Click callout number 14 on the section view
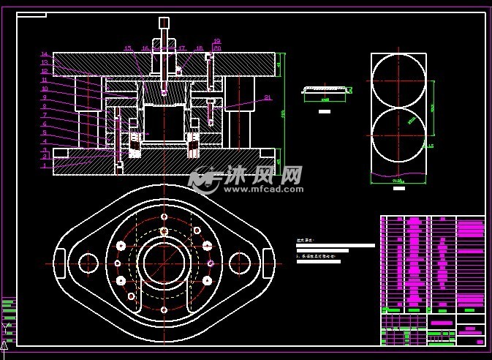click(x=44, y=54)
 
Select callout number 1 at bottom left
click(x=44, y=166)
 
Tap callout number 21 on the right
click(x=268, y=97)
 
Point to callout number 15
click(x=127, y=48)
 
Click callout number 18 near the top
click(x=199, y=48)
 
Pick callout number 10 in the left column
click(x=44, y=89)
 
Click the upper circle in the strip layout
click(x=398, y=80)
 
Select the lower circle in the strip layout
click(x=398, y=136)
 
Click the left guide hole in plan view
click(x=88, y=263)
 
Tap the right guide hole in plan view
click(x=240, y=263)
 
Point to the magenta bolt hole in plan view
click(x=211, y=263)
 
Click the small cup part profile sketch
click(x=325, y=91)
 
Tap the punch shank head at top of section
click(x=164, y=23)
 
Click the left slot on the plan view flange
click(x=60, y=263)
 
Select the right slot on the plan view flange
click(x=268, y=263)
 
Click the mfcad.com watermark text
click(x=263, y=189)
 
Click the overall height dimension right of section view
click(x=282, y=113)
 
